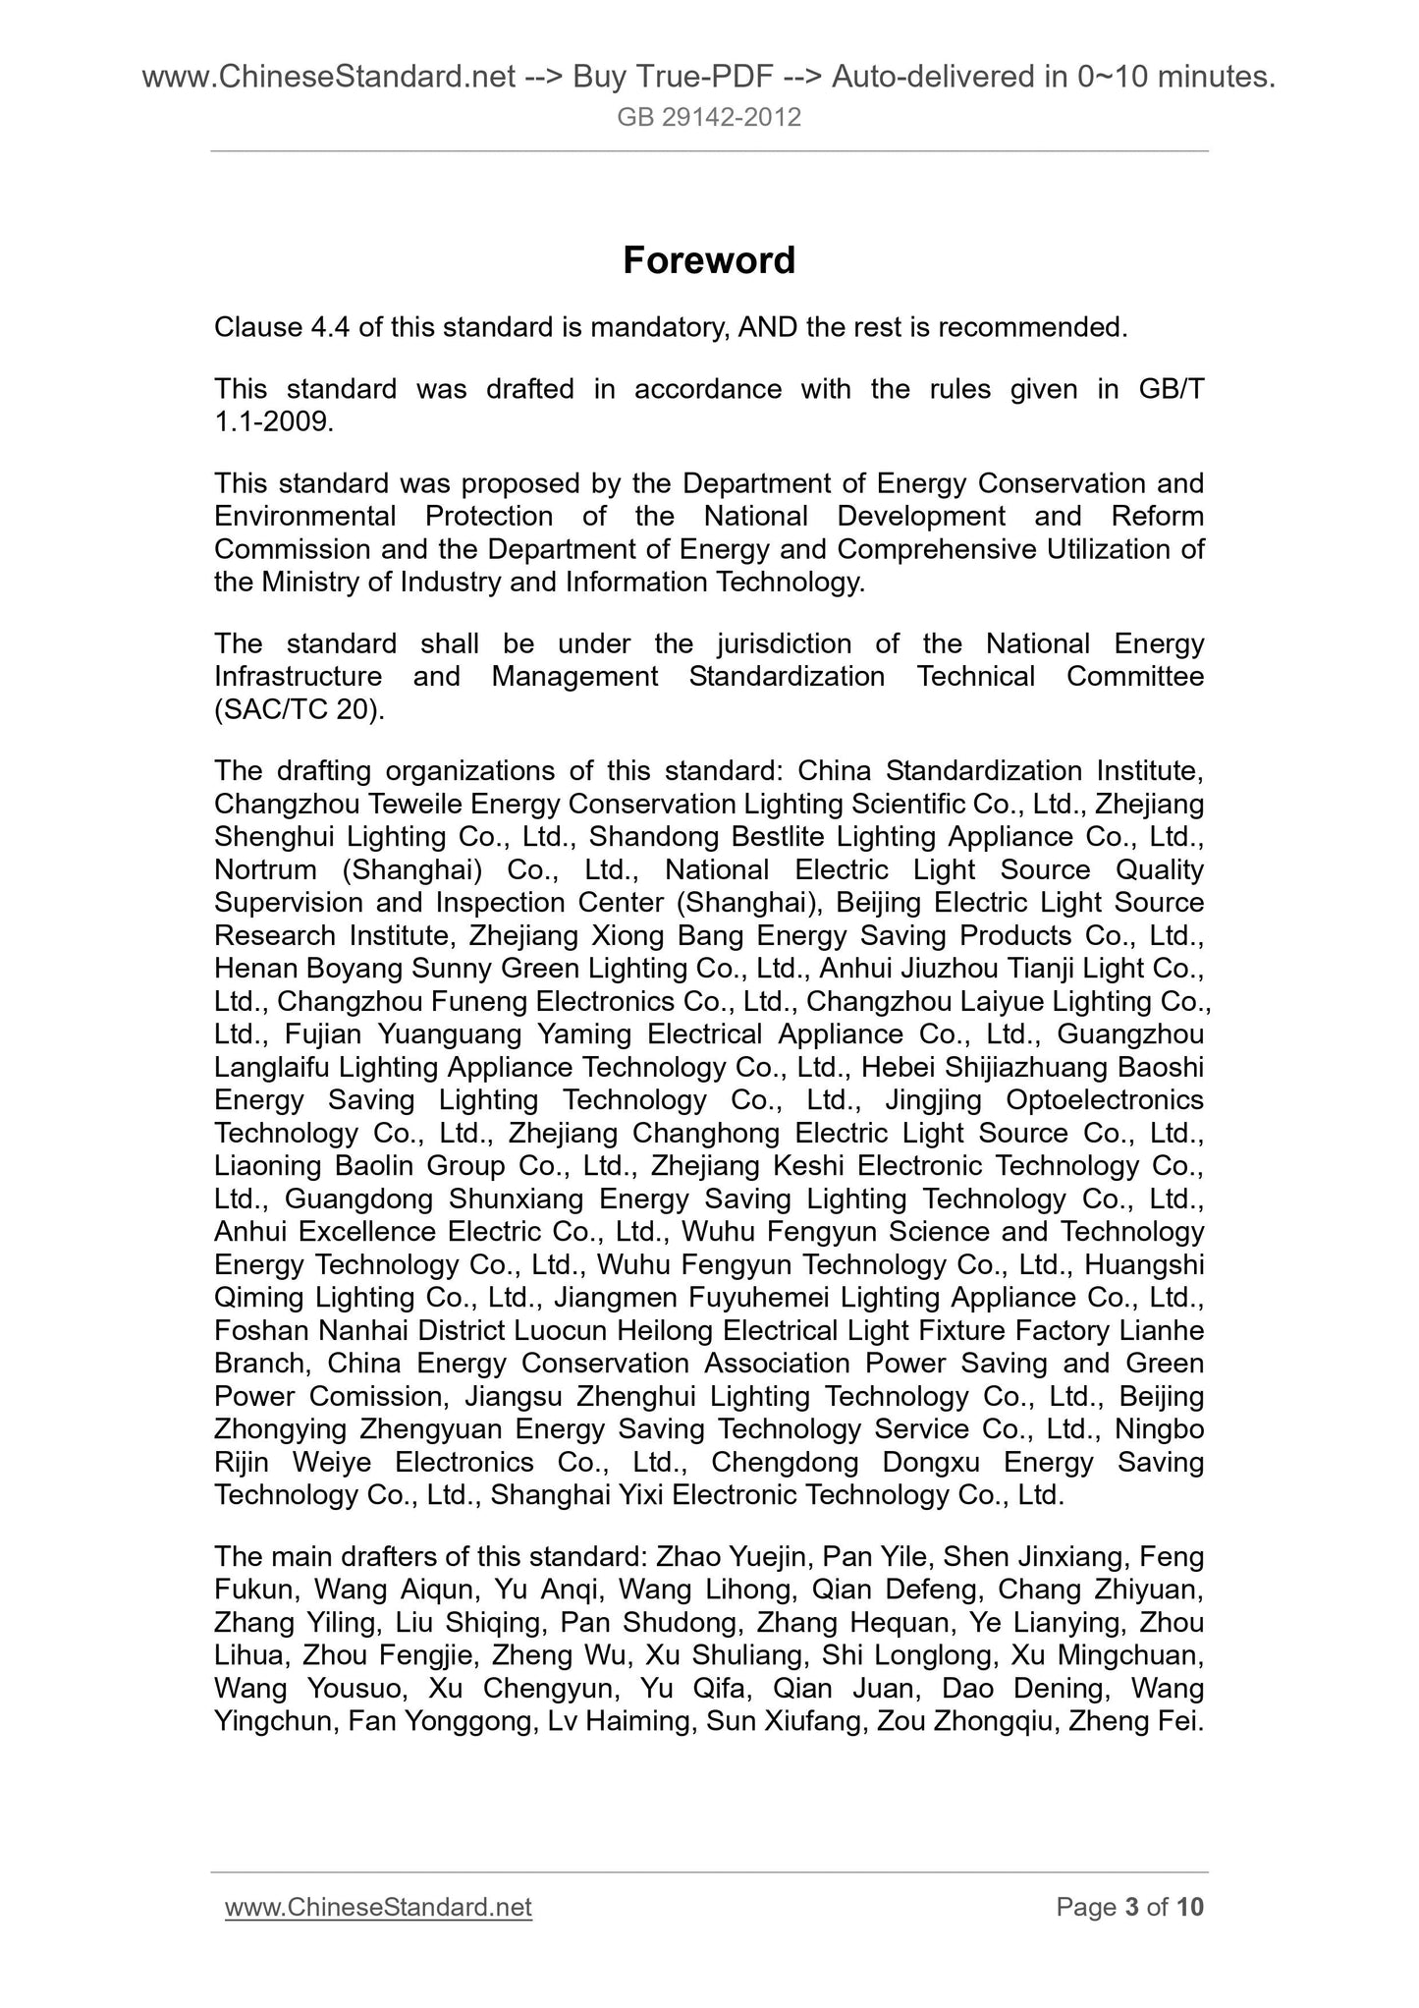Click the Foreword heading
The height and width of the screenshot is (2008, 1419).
coord(708,260)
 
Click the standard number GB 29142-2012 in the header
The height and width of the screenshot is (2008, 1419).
coord(708,118)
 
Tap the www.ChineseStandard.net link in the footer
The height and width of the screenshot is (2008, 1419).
coord(378,1907)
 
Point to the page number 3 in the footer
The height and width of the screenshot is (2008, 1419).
coord(1131,1907)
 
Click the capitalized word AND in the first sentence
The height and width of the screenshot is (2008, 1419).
coord(766,327)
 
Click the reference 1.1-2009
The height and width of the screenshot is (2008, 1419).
coord(274,422)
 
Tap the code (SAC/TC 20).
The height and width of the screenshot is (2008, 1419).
coord(299,709)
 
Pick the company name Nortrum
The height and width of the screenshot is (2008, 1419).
coord(265,870)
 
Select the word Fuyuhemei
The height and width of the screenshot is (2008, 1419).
coord(761,1298)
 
